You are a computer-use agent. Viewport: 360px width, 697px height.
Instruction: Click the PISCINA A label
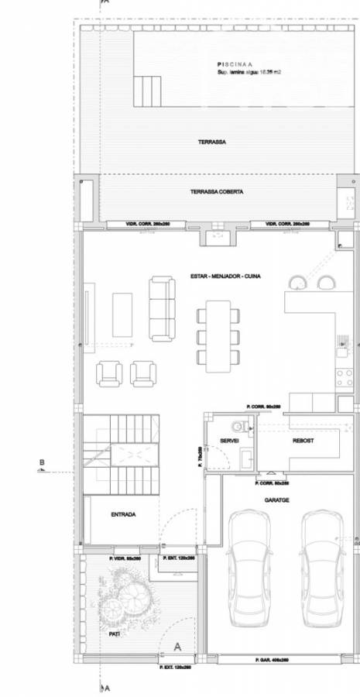(234, 64)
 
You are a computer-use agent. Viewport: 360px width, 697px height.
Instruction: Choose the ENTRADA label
(123, 515)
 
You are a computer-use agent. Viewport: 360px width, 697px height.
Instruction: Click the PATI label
(114, 633)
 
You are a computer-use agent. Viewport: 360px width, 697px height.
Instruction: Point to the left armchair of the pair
(109, 374)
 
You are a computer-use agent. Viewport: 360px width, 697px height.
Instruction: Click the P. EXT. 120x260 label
(177, 666)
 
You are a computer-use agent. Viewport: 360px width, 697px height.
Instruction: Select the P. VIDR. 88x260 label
(124, 557)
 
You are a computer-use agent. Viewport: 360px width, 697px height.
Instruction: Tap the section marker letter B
(42, 465)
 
